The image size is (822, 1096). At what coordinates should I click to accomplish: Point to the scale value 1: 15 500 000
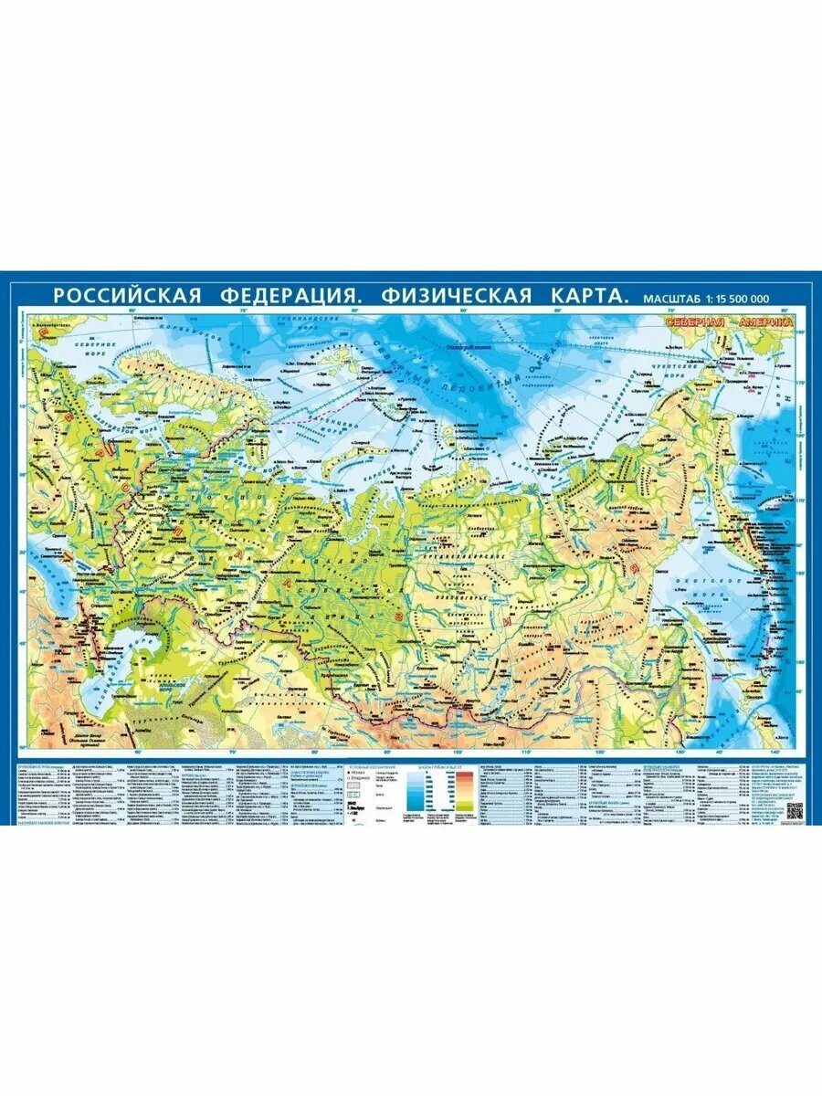pos(739,298)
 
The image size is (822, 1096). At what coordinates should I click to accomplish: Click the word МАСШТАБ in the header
pos(669,298)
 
